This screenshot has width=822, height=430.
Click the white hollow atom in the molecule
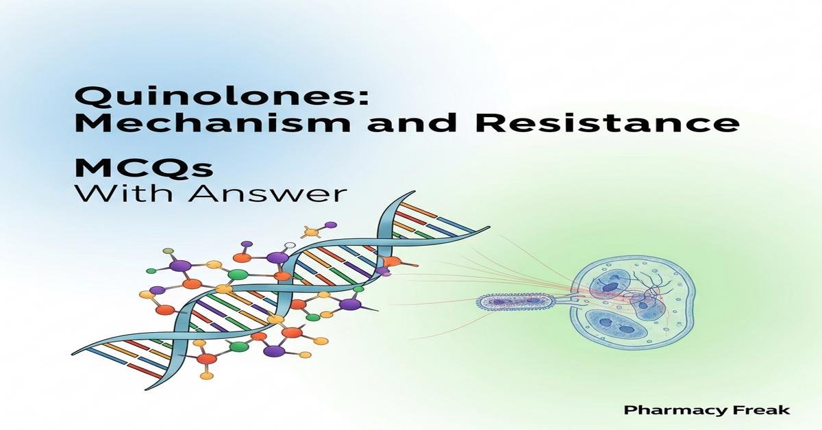coord(290,245)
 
